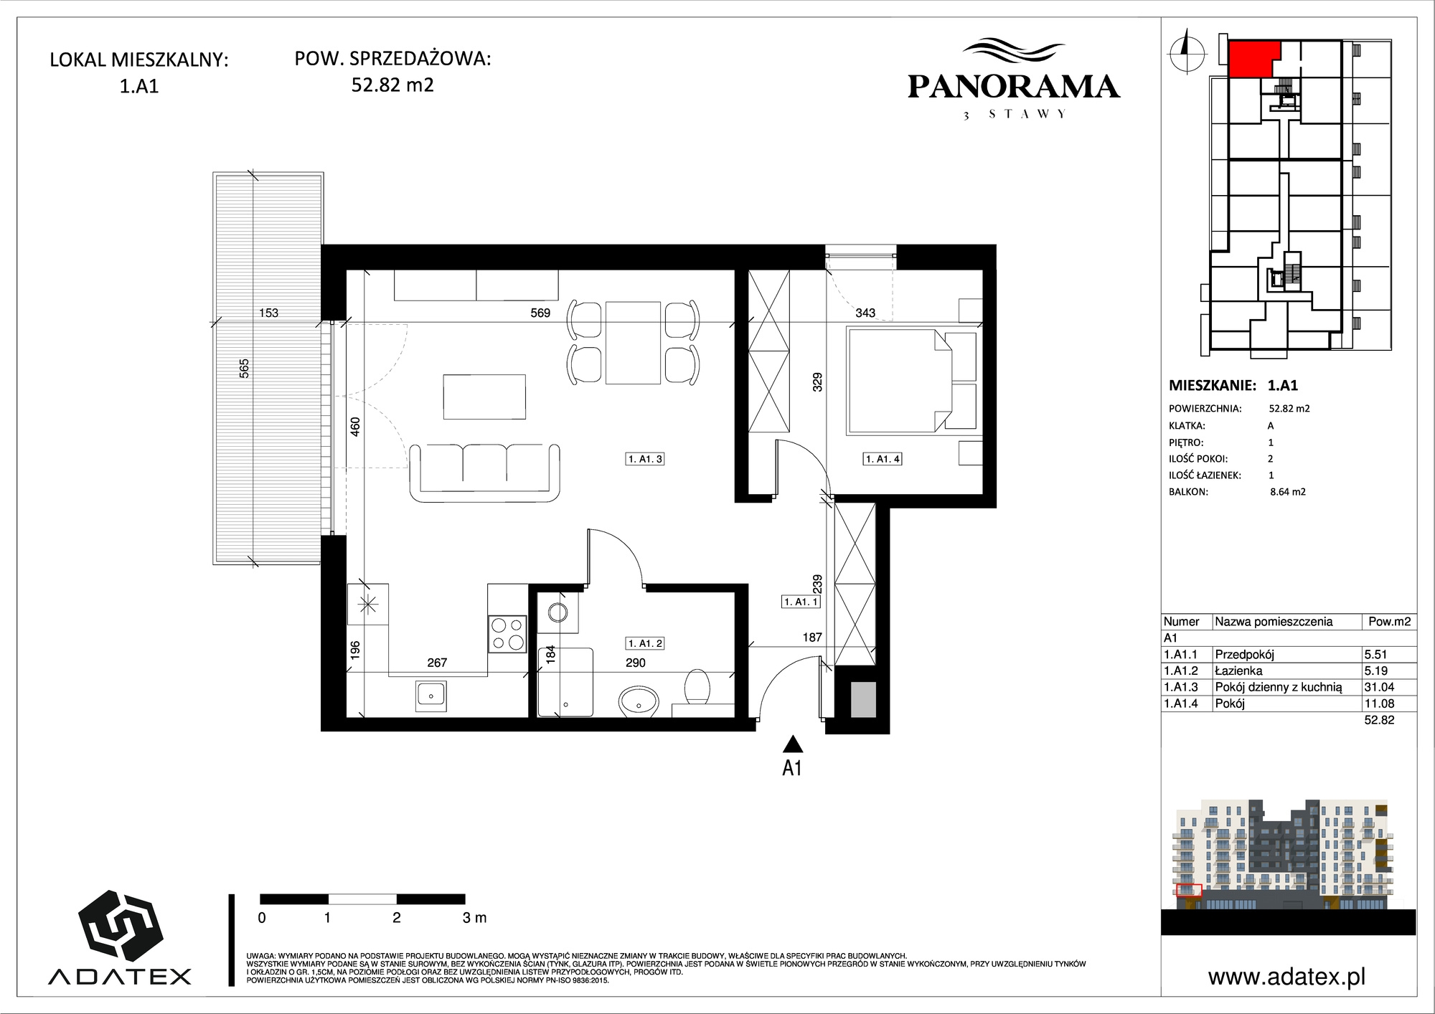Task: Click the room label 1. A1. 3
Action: point(645,459)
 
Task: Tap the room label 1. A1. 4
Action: point(883,459)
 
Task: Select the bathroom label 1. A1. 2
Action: point(645,643)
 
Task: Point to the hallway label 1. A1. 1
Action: point(801,602)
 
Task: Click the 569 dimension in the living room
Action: point(540,313)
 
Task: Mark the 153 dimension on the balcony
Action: point(268,313)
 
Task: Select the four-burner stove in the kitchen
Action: point(507,634)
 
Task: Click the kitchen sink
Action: point(430,696)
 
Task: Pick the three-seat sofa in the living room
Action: point(484,472)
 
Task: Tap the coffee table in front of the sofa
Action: point(484,397)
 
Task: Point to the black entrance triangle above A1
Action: point(792,744)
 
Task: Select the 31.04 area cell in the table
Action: point(1379,687)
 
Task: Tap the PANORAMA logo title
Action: point(1013,87)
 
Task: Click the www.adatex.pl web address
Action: point(1286,977)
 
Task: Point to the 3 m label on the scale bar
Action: point(474,918)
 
